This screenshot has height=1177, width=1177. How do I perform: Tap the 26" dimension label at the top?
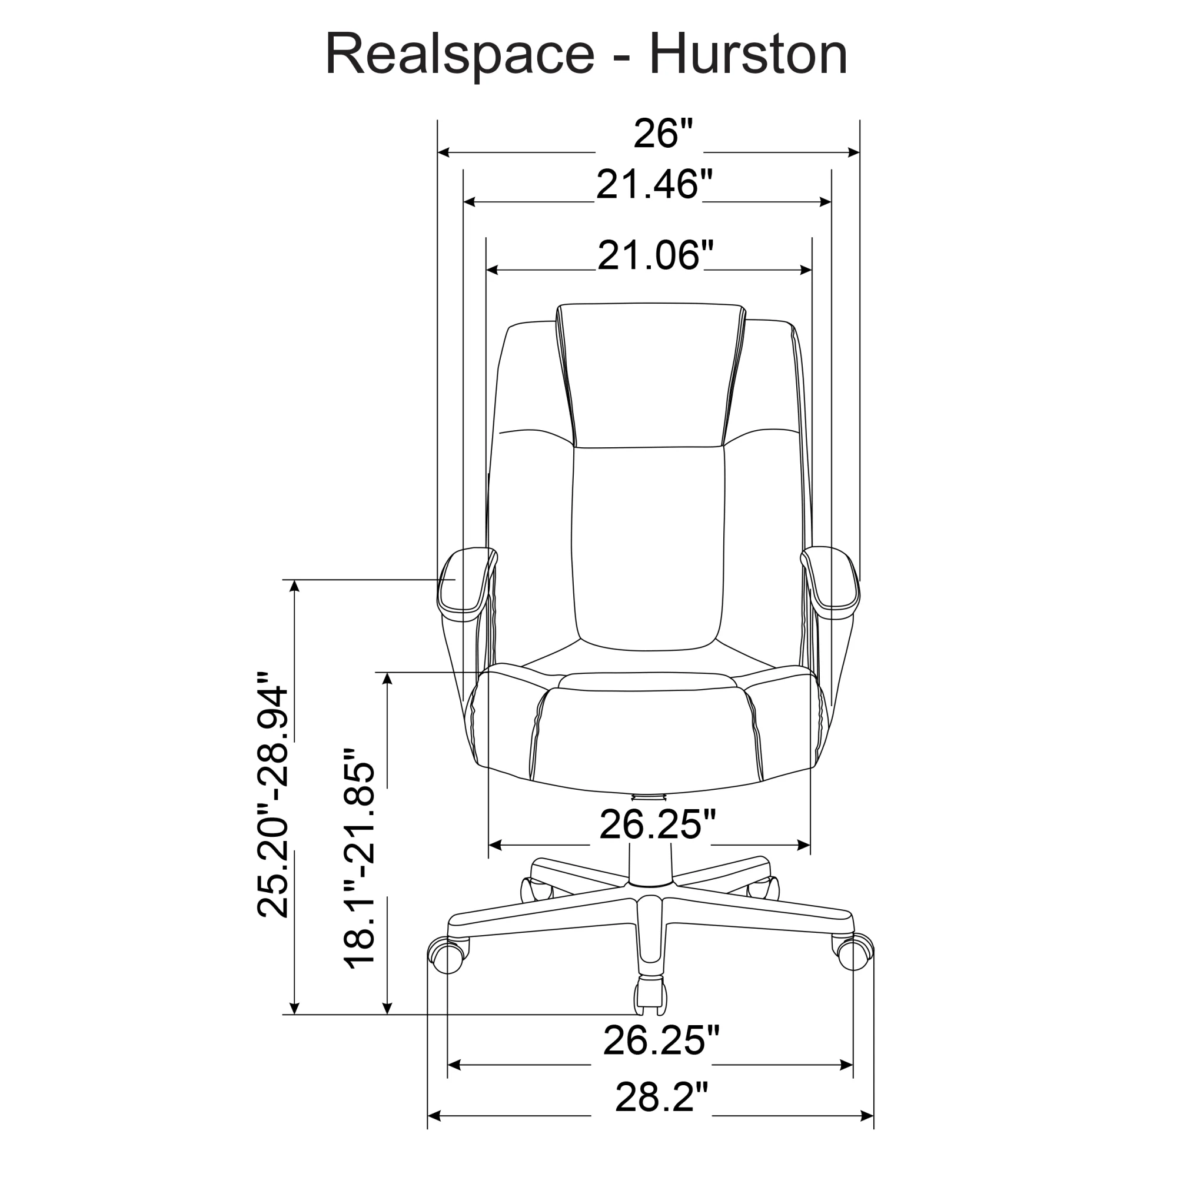pyautogui.click(x=663, y=134)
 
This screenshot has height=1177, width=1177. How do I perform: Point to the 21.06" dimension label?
pyautogui.click(x=655, y=255)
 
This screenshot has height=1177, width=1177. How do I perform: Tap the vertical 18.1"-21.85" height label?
pyautogui.click(x=360, y=859)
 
